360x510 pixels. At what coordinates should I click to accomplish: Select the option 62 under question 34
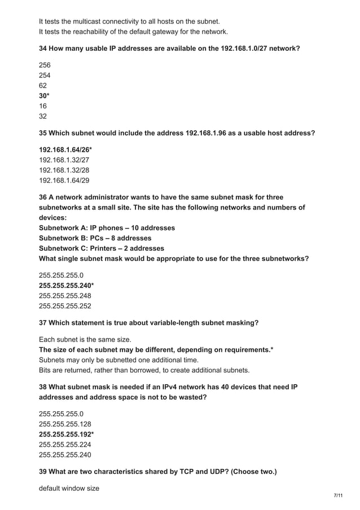coord(43,85)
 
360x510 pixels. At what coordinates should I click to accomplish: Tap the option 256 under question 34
coord(45,65)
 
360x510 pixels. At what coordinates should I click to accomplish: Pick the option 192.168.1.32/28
coord(64,170)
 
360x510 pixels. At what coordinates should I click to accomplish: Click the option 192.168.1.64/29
coord(64,180)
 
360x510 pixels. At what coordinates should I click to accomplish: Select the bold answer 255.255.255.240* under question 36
coord(66,285)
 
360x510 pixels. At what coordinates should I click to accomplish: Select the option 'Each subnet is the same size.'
coord(85,339)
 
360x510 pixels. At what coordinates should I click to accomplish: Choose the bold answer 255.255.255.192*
coord(66,434)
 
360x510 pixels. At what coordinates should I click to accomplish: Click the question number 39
coord(43,471)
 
